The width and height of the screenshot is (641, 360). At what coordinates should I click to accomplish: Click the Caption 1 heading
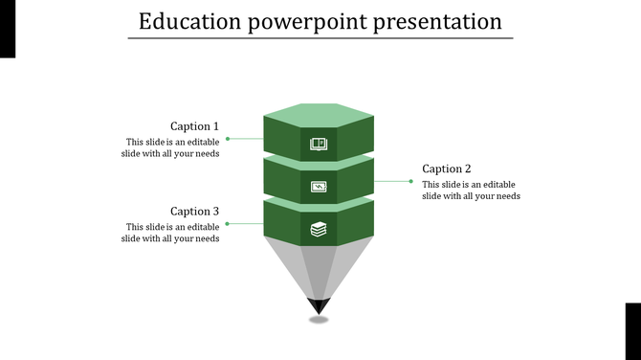click(194, 126)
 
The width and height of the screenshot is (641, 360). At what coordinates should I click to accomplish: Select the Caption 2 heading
click(447, 169)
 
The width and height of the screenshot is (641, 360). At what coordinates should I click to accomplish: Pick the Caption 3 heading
click(194, 211)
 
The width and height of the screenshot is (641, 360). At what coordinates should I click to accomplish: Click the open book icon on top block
click(319, 145)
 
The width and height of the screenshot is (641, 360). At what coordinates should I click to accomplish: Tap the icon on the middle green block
click(319, 187)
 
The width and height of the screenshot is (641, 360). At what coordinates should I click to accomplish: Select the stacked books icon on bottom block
click(319, 229)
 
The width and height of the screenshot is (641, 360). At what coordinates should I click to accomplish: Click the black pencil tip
click(319, 306)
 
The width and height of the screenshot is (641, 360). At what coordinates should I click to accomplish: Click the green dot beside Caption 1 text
click(227, 139)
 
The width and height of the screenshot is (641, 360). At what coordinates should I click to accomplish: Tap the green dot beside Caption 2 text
click(410, 181)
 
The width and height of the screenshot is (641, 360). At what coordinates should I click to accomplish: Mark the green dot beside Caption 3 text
click(227, 223)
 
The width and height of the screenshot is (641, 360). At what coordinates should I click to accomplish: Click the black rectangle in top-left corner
click(8, 29)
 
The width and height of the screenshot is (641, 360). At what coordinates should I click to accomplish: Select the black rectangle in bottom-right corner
click(632, 330)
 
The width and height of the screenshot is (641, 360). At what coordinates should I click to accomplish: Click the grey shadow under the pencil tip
click(319, 320)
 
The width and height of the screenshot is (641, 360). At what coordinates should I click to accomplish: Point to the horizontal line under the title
click(320, 38)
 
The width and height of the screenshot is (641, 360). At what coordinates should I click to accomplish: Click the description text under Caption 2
click(471, 191)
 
